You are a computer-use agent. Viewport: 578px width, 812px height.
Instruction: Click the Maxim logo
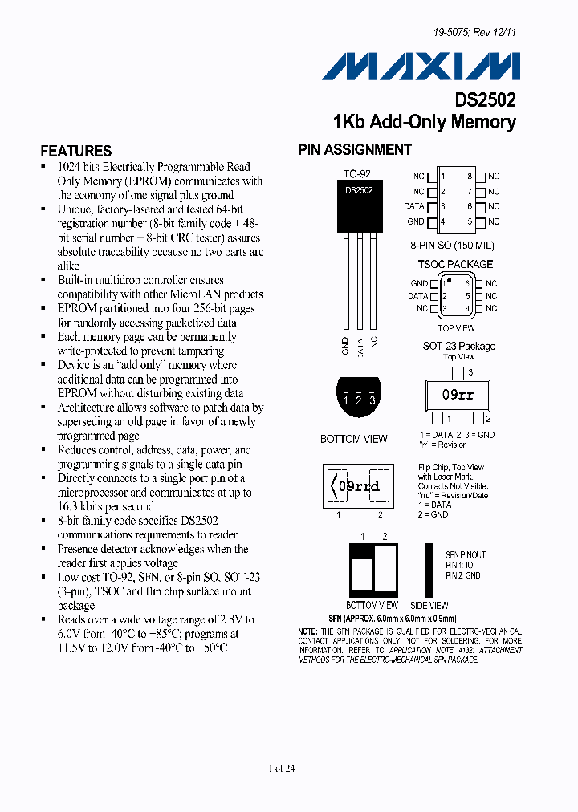click(421, 66)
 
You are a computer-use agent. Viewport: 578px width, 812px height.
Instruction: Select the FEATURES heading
click(76, 151)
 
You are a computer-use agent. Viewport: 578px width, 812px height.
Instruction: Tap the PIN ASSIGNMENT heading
click(355, 149)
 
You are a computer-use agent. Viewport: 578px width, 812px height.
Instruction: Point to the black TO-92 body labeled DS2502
click(359, 207)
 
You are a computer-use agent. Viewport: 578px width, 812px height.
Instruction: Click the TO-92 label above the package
click(356, 173)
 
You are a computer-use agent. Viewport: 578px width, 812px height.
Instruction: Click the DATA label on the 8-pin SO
click(413, 206)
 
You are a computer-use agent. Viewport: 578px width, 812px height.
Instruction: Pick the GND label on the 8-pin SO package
click(415, 221)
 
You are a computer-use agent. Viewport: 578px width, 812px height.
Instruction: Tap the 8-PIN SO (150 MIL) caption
click(452, 246)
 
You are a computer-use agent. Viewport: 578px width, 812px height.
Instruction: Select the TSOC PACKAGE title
click(455, 264)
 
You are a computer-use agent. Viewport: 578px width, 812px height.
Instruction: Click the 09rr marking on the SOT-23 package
click(458, 396)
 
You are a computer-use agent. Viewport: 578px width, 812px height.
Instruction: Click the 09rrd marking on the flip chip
click(359, 486)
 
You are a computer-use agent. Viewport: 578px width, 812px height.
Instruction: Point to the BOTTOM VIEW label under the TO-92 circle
click(353, 439)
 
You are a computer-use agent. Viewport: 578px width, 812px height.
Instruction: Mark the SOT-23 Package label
click(459, 346)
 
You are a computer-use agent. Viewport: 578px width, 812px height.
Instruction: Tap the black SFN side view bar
click(429, 569)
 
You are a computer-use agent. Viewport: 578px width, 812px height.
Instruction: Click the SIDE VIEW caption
click(429, 605)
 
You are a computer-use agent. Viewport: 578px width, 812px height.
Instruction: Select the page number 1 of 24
click(283, 769)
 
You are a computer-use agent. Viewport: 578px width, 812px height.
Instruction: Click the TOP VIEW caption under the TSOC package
click(456, 327)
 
